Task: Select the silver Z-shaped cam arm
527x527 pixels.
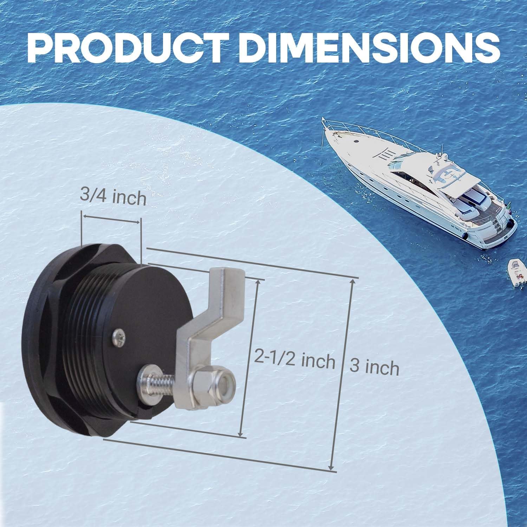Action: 207,330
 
